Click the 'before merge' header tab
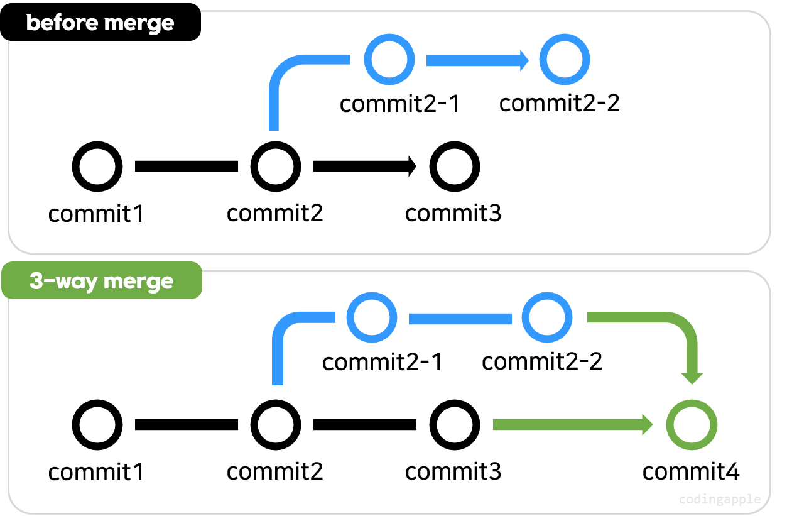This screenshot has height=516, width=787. click(x=100, y=24)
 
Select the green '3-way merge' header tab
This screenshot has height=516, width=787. click(x=102, y=281)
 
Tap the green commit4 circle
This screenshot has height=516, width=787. click(x=692, y=425)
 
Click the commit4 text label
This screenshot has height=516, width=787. click(x=691, y=471)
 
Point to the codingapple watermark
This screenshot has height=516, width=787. click(x=720, y=500)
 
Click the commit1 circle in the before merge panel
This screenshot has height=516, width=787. click(x=97, y=167)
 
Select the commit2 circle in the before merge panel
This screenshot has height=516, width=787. click(x=276, y=167)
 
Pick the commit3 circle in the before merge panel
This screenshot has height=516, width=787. click(x=454, y=167)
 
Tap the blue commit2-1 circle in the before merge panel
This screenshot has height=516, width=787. click(x=389, y=60)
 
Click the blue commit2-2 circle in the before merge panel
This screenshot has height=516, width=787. click(x=565, y=60)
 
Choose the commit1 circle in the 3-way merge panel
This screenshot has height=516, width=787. click(x=97, y=425)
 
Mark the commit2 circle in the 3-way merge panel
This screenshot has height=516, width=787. click(x=276, y=425)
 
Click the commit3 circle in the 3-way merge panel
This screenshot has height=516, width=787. click(x=454, y=425)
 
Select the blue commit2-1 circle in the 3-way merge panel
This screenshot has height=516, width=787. click(x=372, y=319)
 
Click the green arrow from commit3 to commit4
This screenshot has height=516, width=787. click(x=572, y=425)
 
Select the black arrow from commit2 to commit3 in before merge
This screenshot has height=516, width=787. click(x=364, y=167)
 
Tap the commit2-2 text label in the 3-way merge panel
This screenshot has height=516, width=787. click(x=542, y=362)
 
